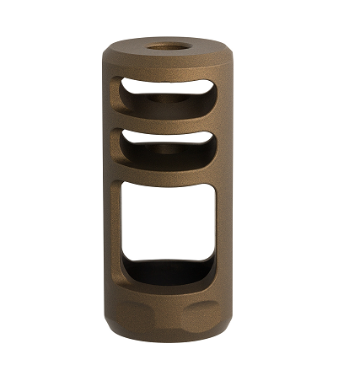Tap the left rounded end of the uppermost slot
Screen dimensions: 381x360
(x=121, y=93)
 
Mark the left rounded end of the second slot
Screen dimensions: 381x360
(x=121, y=148)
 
